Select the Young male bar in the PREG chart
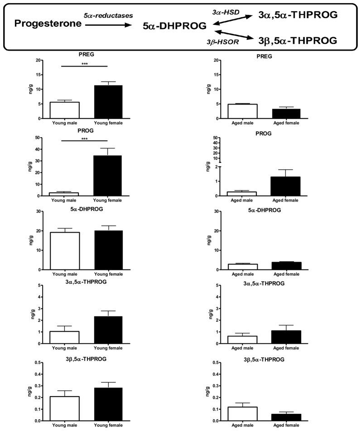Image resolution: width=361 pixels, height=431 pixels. (x=65, y=110)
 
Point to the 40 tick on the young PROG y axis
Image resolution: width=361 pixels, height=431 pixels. (x=41, y=149)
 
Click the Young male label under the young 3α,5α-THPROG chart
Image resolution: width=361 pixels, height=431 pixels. (x=65, y=349)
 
